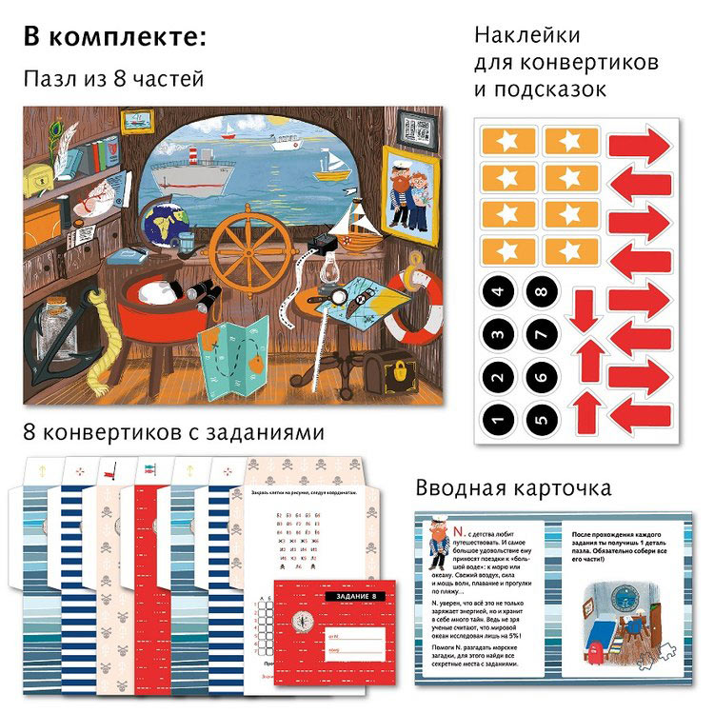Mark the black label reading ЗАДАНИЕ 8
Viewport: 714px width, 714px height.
tap(359, 595)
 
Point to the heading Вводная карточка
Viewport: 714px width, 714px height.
tap(513, 488)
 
